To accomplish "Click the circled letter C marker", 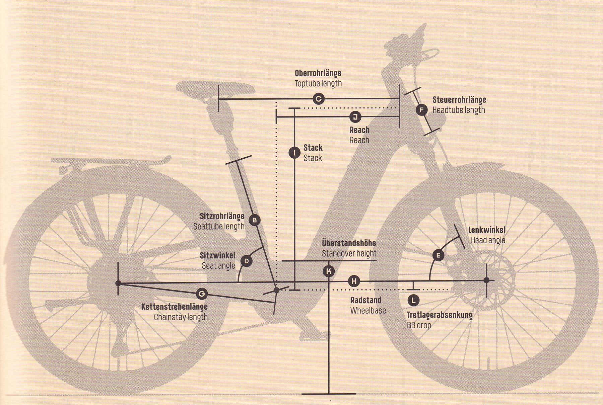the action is click(319, 99).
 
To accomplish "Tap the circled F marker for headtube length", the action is click(422, 109).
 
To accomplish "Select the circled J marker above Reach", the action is click(355, 117).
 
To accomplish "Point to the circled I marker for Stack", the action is click(294, 153).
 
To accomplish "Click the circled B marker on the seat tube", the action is click(255, 220).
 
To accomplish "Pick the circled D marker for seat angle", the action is click(247, 261).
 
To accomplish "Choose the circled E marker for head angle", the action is click(438, 255).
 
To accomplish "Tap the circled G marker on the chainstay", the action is click(202, 294).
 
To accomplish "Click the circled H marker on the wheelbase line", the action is click(354, 281).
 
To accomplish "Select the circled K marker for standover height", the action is click(329, 271).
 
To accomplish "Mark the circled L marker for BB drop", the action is click(413, 300).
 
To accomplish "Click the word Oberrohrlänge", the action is click(318, 73).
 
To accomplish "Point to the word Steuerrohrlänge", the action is click(459, 100).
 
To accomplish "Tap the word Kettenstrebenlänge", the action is click(174, 307).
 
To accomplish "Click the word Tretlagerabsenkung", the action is click(440, 315).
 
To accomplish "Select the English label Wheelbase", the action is click(368, 311).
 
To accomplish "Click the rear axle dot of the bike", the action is click(118, 283).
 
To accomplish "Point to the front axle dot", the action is click(486, 280).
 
